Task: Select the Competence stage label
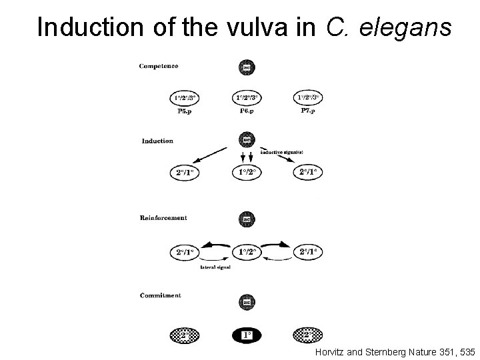click(x=159, y=65)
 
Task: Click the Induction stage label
click(x=157, y=141)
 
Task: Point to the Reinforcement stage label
click(x=164, y=217)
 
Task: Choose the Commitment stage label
click(x=161, y=295)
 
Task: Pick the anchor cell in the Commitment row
click(x=247, y=303)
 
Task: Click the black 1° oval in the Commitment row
click(x=247, y=334)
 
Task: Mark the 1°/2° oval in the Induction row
click(x=247, y=173)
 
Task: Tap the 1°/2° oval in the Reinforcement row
click(x=247, y=253)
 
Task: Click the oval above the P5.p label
click(x=185, y=99)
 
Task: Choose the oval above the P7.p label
click(x=308, y=99)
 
